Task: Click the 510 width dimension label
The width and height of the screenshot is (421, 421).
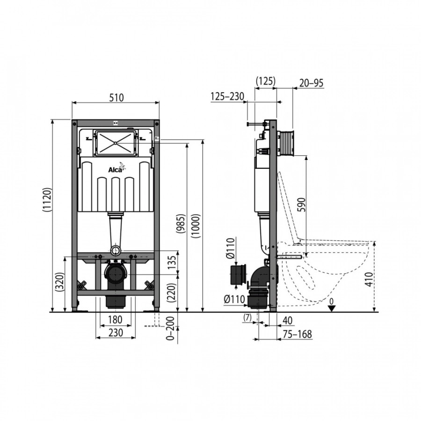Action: (x=117, y=97)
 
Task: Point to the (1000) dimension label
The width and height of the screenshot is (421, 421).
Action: (x=196, y=226)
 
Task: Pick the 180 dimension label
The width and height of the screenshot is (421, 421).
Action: (x=115, y=319)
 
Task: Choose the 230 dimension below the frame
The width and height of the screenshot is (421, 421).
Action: (x=116, y=333)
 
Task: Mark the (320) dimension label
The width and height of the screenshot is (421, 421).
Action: (x=59, y=282)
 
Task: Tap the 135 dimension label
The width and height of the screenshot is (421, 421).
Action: (x=172, y=262)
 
